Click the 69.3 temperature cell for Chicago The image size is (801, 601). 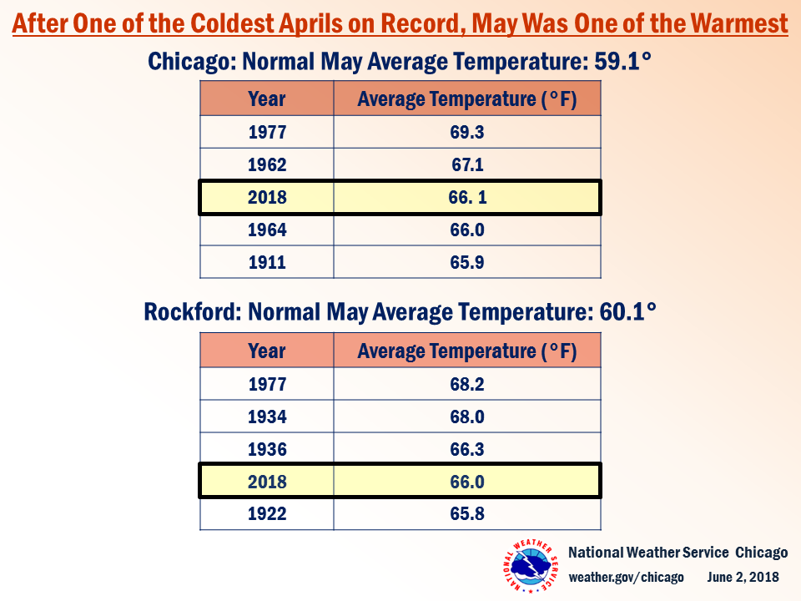[467, 132]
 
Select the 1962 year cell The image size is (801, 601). [267, 164]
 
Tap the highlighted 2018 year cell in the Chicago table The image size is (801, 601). [267, 198]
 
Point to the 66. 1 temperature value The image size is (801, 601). [467, 198]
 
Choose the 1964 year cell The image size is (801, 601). [267, 230]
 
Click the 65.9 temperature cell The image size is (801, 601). [467, 262]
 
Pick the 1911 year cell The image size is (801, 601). [267, 262]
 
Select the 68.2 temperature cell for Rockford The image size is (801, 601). [467, 384]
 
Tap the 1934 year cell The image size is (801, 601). [267, 417]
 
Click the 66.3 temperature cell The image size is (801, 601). [467, 449]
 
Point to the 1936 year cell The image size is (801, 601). [267, 449]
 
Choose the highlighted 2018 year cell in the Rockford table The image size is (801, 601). [267, 482]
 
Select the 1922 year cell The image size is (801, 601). [267, 513]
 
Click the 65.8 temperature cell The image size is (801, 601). [467, 513]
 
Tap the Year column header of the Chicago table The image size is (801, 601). [267, 99]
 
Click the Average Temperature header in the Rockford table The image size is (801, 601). [467, 351]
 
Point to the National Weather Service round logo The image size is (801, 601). [530, 567]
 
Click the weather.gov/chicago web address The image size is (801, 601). [626, 578]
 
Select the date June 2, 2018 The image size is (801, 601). [743, 578]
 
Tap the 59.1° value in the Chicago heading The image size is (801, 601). [622, 61]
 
